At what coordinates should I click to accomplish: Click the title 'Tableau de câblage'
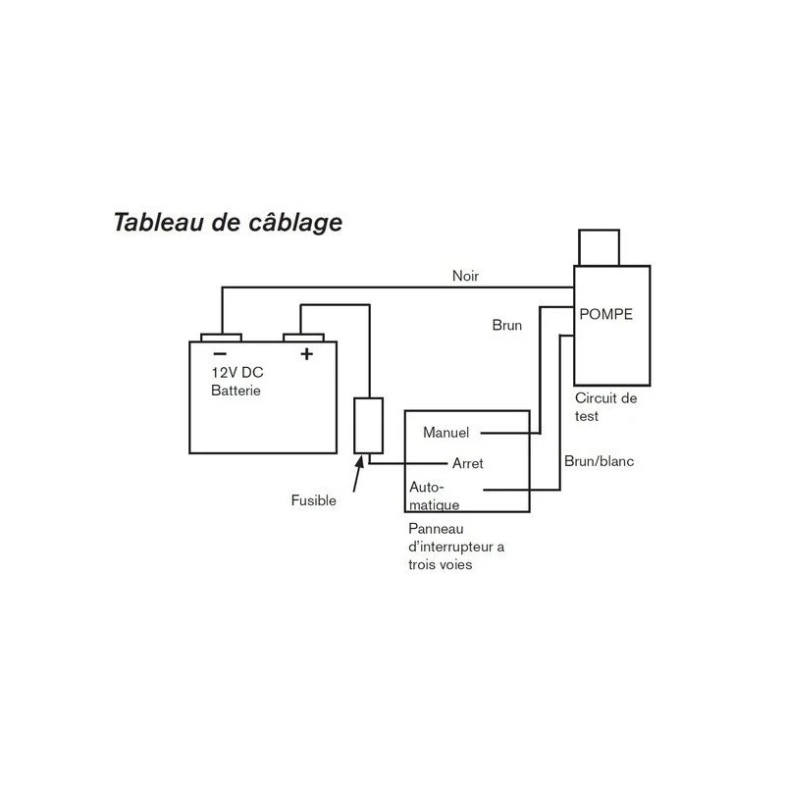pyautogui.click(x=228, y=222)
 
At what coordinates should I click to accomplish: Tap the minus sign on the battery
pyautogui.click(x=221, y=353)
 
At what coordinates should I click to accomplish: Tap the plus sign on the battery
pyautogui.click(x=306, y=353)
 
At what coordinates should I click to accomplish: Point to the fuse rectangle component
pyautogui.click(x=367, y=425)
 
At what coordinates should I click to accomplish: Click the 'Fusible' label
pyautogui.click(x=314, y=500)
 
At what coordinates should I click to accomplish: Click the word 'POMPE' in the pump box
pyautogui.click(x=605, y=315)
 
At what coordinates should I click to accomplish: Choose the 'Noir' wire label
pyautogui.click(x=466, y=276)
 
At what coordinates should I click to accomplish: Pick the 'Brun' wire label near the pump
pyautogui.click(x=506, y=325)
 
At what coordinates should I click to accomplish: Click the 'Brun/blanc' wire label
pyautogui.click(x=599, y=460)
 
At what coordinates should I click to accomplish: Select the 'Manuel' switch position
pyautogui.click(x=446, y=432)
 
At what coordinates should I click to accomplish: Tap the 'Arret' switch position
pyautogui.click(x=467, y=463)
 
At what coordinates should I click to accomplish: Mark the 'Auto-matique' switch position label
pyautogui.click(x=433, y=496)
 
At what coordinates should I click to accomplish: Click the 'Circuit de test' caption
pyautogui.click(x=605, y=407)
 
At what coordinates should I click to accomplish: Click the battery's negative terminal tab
pyautogui.click(x=221, y=337)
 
